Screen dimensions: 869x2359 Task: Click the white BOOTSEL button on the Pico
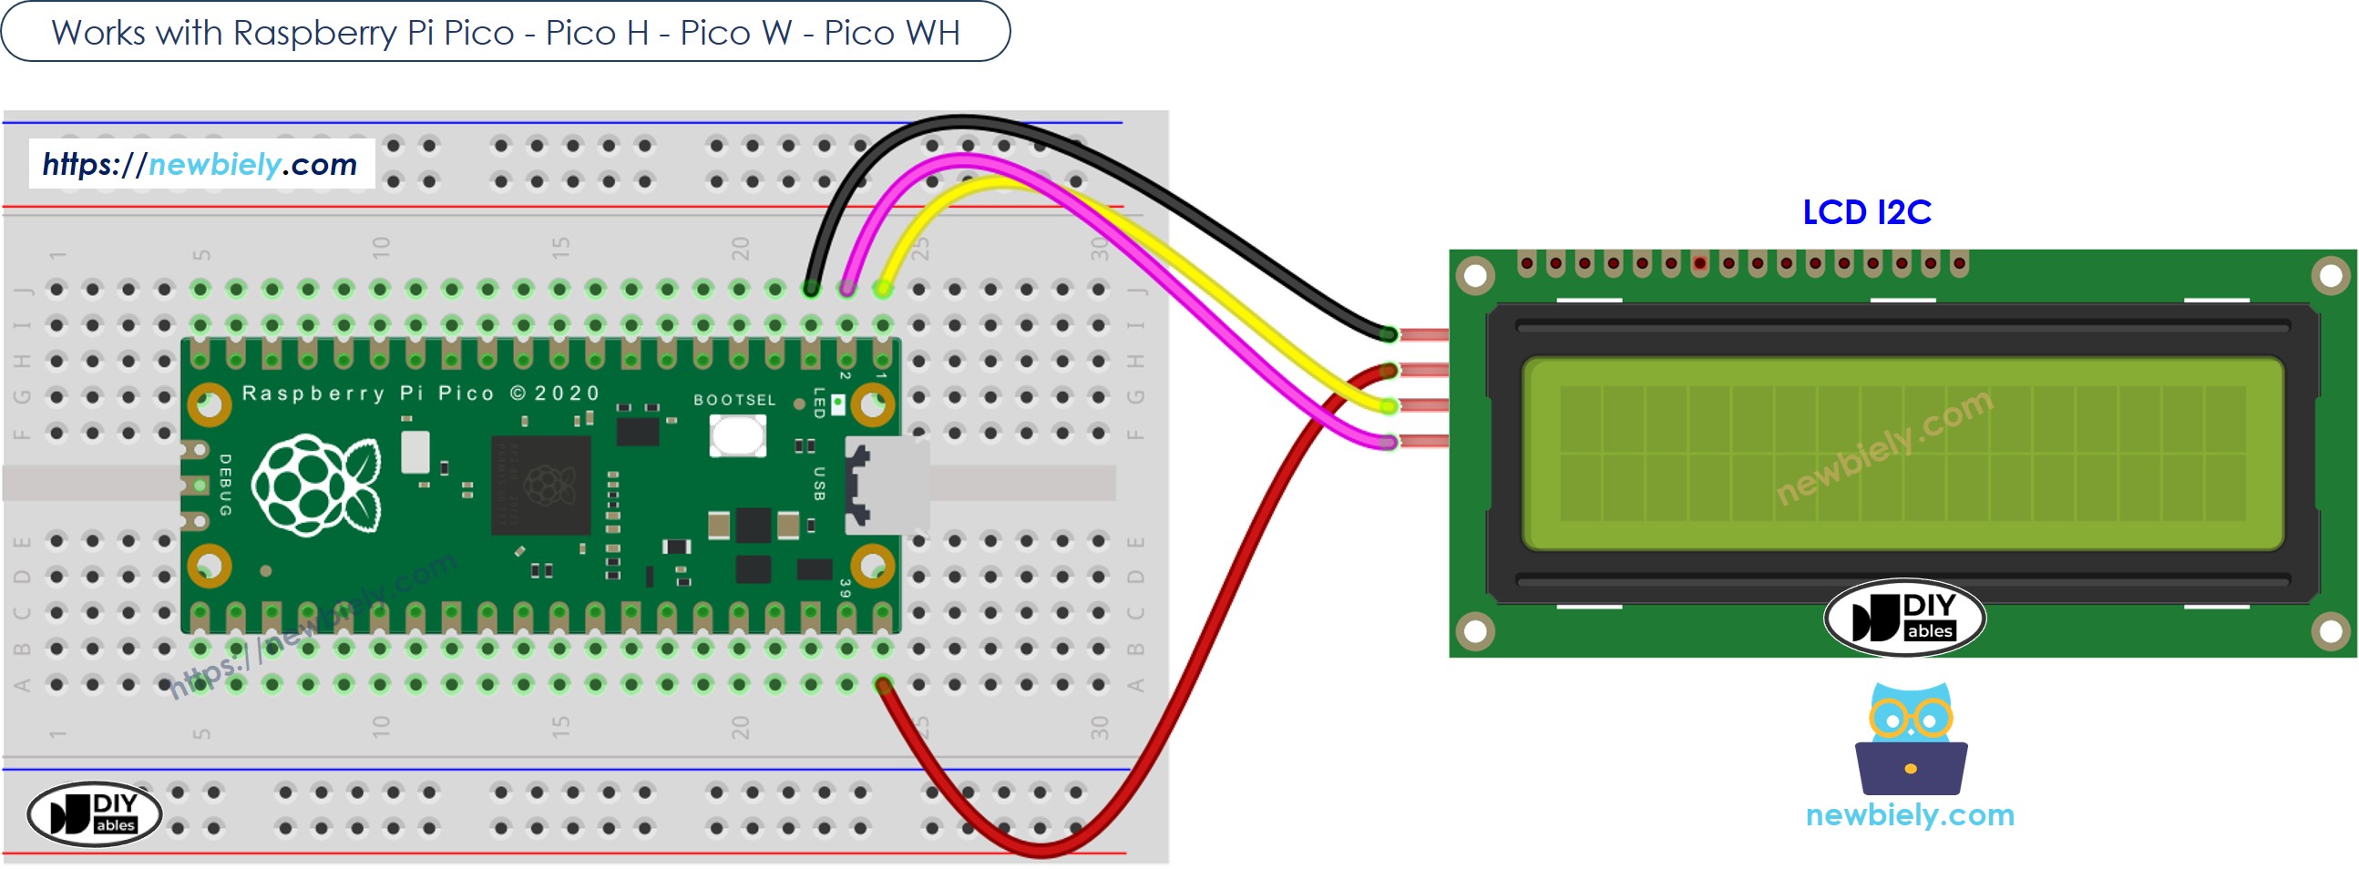click(x=737, y=436)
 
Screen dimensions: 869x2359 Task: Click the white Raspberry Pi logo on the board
click(x=316, y=486)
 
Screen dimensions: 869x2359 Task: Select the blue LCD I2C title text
click(x=1866, y=212)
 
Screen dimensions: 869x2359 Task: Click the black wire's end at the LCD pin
click(x=1389, y=335)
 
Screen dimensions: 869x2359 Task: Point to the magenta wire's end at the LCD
click(x=1389, y=444)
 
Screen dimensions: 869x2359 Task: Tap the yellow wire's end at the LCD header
click(x=1389, y=405)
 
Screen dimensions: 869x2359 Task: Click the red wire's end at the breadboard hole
click(x=882, y=685)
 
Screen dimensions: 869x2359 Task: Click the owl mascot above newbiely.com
click(x=1911, y=738)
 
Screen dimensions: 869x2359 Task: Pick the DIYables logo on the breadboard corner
click(x=95, y=813)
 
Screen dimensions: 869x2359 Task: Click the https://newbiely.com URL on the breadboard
click(x=200, y=165)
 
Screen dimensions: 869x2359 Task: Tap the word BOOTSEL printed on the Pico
click(x=733, y=400)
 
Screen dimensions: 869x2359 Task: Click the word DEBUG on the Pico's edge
click(x=225, y=486)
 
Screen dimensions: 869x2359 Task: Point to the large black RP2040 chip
click(x=540, y=486)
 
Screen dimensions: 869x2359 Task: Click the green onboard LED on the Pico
click(x=837, y=403)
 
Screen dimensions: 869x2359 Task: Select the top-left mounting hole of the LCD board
click(x=1475, y=275)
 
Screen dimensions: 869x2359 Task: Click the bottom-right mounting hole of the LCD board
click(x=2330, y=631)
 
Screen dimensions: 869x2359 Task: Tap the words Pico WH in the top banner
click(x=891, y=33)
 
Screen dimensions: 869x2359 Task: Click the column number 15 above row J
click(x=560, y=246)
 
